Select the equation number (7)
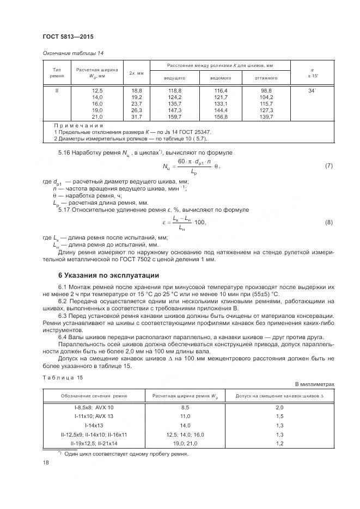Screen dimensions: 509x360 pyautogui.click(x=328, y=165)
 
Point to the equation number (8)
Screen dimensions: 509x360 pyautogui.click(x=328, y=222)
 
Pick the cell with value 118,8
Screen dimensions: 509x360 pyautogui.click(x=175, y=90)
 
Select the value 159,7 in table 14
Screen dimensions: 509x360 pyautogui.click(x=175, y=116)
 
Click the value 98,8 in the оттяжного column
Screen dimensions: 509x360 pyautogui.click(x=266, y=90)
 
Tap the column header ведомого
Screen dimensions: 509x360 pyautogui.click(x=221, y=77)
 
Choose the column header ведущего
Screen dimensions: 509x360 pyautogui.click(x=175, y=77)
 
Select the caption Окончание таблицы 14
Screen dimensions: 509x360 pyautogui.click(x=73, y=53)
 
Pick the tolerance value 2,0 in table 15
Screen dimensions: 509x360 pyautogui.click(x=279, y=407)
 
